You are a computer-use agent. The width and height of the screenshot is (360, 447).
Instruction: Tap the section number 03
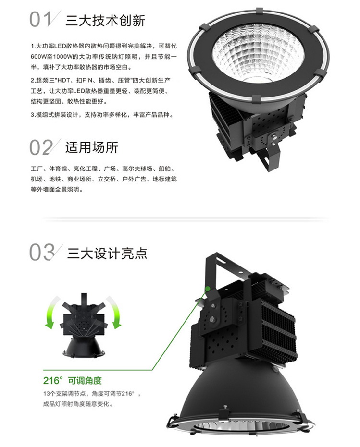pyautogui.click(x=41, y=252)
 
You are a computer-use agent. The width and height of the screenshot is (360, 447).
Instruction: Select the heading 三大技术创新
pyautogui.click(x=106, y=20)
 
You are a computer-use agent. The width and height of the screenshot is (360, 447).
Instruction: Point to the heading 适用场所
pyautogui.click(x=92, y=147)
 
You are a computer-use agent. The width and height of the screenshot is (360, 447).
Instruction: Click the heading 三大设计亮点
pyautogui.click(x=107, y=253)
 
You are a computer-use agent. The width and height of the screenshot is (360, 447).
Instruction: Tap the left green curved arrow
pyautogui.click(x=52, y=312)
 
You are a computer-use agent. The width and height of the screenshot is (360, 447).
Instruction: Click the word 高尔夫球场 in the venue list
pyautogui.click(x=137, y=169)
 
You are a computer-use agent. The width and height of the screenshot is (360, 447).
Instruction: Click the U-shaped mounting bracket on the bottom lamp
pyautogui.click(x=226, y=269)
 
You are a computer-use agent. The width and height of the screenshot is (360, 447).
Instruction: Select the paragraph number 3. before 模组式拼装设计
pyautogui.click(x=32, y=115)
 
